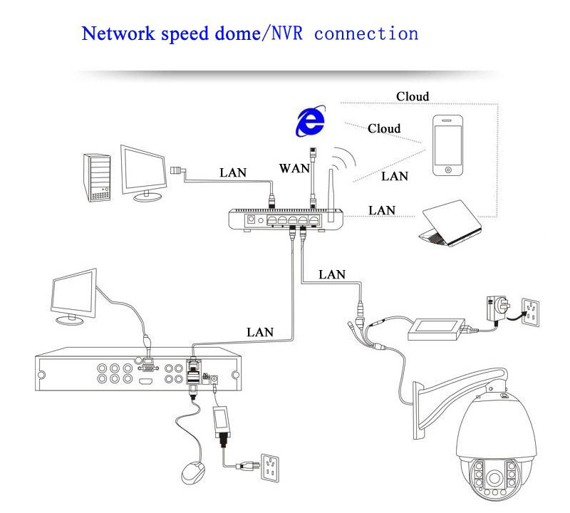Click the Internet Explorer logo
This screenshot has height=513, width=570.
(x=310, y=123)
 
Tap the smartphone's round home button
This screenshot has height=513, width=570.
(x=447, y=170)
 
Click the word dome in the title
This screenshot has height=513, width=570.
(x=232, y=33)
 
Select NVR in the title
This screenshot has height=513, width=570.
(x=286, y=33)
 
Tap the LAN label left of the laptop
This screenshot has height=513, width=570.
(x=382, y=210)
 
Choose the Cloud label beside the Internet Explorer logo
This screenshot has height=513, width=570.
(x=384, y=129)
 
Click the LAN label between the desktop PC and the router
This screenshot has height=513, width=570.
(x=233, y=172)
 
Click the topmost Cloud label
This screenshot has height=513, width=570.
(x=413, y=96)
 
